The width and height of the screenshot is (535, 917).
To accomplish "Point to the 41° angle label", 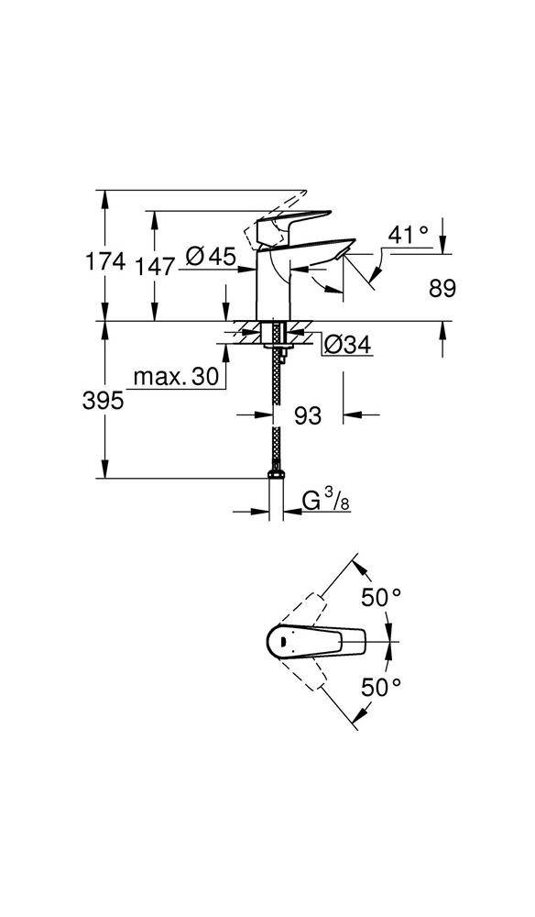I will (408, 235).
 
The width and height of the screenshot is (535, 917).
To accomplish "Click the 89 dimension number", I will (442, 288).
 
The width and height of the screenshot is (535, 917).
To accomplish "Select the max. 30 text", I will (176, 377).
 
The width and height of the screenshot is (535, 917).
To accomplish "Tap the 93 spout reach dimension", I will (309, 415).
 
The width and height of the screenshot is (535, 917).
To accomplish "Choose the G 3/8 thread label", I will (325, 501).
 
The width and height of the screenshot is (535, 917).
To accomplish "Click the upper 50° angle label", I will (381, 597).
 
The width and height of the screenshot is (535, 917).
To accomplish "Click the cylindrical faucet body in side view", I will (274, 289).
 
